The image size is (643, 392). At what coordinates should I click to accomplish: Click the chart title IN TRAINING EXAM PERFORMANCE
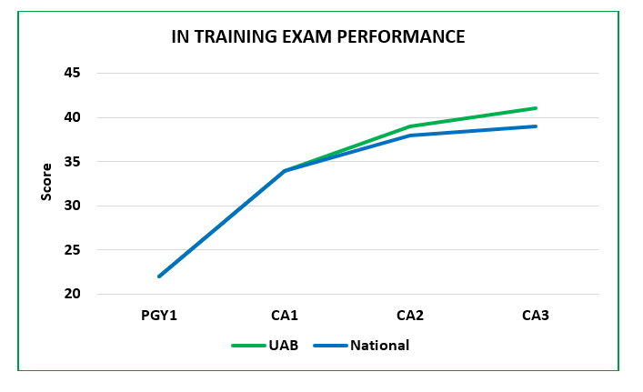318,37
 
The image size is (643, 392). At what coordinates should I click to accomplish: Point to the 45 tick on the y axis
71,73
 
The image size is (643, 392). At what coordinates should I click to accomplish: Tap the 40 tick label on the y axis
71,117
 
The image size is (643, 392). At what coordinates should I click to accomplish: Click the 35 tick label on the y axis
71,162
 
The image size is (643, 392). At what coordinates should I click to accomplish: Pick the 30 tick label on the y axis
71,206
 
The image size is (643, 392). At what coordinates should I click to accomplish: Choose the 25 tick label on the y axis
71,250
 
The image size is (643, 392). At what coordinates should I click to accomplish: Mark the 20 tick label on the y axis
71,294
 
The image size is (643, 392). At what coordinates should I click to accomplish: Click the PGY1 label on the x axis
159,316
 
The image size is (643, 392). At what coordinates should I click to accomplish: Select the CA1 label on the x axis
285,316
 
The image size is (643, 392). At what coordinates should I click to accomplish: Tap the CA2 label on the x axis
410,316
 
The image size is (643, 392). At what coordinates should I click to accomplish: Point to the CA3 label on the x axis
536,316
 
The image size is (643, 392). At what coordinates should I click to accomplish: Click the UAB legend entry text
280,346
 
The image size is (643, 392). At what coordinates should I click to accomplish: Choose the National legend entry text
379,346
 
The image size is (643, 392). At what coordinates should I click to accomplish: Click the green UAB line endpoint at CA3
536,108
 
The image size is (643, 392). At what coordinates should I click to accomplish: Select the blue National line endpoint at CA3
536,126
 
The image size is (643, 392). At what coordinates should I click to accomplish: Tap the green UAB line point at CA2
410,126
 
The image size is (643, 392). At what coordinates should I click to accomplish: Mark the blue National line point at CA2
410,136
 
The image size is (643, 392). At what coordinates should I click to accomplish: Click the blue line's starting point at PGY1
159,276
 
